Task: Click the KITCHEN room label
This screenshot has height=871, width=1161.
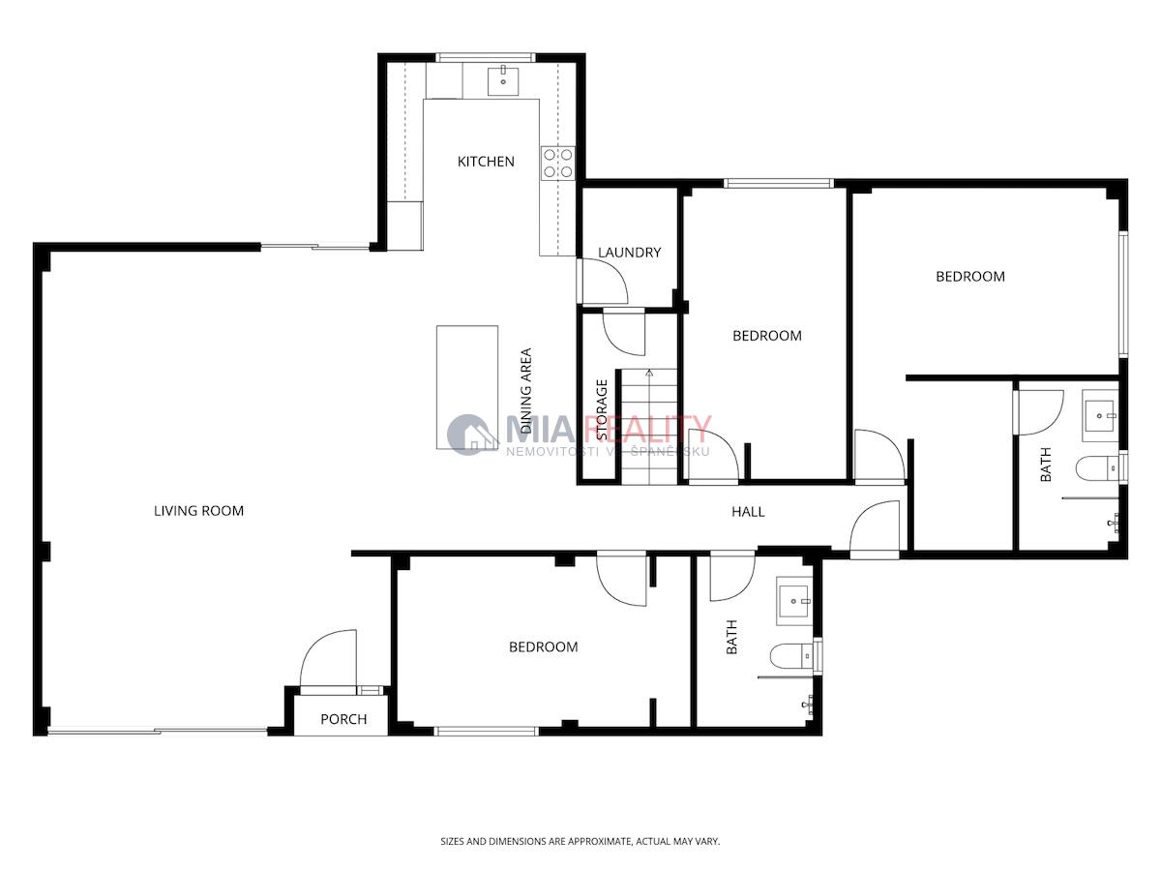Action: [486, 162]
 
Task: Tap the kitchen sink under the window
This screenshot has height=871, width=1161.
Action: [502, 80]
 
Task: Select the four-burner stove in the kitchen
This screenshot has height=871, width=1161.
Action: [557, 163]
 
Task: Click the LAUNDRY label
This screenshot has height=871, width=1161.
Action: [630, 253]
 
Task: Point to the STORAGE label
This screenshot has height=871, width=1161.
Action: [602, 409]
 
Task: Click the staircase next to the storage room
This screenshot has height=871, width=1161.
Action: [649, 426]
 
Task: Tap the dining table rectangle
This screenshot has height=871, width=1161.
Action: [467, 387]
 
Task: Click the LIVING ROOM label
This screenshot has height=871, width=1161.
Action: [199, 511]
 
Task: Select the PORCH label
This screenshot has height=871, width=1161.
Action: [343, 719]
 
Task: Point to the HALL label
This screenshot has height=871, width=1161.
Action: [748, 511]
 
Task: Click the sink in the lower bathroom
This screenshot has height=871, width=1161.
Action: [794, 601]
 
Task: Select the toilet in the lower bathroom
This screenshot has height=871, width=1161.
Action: [792, 656]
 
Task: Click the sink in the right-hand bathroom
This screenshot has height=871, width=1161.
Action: [1100, 416]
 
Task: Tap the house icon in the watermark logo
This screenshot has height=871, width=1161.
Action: [472, 435]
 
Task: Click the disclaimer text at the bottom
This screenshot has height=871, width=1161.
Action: [580, 841]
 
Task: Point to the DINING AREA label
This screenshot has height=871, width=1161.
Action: [525, 391]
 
